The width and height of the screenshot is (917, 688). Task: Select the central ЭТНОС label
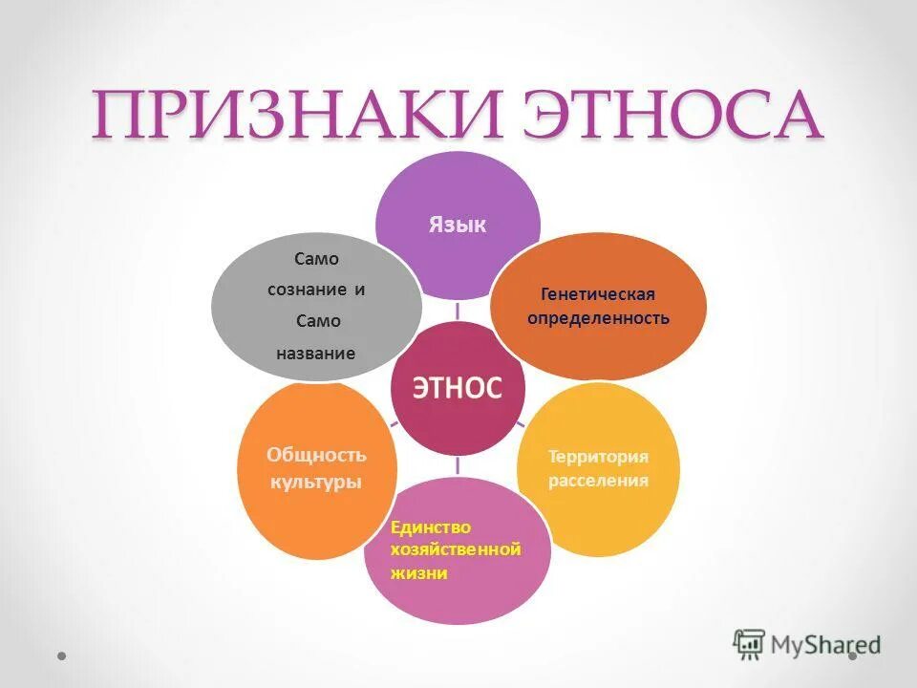click(457, 386)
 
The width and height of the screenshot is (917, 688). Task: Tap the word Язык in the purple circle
click(457, 226)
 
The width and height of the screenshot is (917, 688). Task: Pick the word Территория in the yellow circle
click(598, 457)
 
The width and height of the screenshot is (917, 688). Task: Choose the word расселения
click(598, 480)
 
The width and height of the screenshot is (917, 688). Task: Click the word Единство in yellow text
click(431, 527)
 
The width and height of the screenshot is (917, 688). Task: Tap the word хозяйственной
click(455, 549)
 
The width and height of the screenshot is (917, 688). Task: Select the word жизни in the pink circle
click(418, 573)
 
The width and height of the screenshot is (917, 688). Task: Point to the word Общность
click(316, 456)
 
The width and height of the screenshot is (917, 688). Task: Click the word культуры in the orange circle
click(316, 482)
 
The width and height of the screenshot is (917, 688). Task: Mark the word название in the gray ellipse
click(316, 354)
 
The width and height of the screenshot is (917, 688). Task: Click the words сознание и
click(316, 290)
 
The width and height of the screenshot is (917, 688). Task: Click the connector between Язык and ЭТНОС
click(457, 310)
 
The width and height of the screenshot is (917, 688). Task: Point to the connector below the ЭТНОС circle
click(457, 465)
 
